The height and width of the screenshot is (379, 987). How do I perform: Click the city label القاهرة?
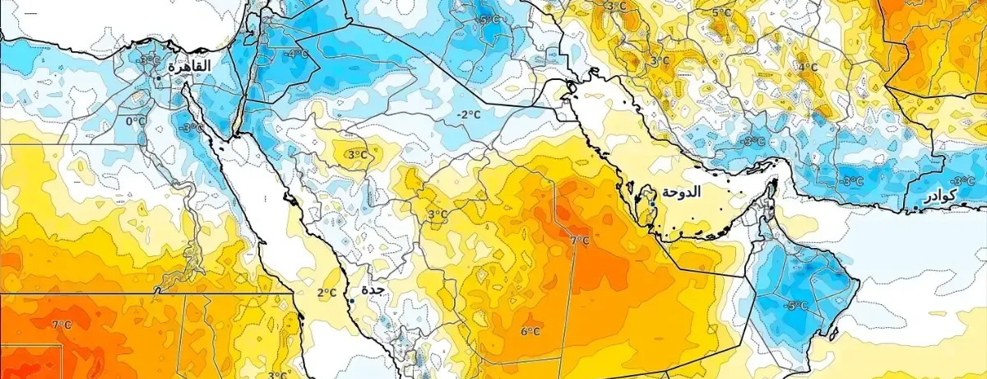point(190,66)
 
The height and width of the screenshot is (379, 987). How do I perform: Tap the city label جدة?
point(373,290)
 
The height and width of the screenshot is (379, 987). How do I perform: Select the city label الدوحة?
point(681,192)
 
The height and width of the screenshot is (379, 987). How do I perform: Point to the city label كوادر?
point(939,196)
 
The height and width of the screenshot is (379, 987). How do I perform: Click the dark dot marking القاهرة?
point(159,77)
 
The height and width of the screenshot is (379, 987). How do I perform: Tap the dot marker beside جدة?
point(351,301)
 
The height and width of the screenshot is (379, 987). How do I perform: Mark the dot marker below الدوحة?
point(652,203)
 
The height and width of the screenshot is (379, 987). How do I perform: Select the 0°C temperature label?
point(136,121)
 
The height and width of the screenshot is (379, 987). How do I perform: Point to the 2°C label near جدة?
point(327,292)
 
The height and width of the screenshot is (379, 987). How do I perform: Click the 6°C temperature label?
point(530,331)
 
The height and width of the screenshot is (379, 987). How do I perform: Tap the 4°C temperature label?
point(807,67)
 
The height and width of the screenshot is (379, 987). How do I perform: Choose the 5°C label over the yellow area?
point(721,12)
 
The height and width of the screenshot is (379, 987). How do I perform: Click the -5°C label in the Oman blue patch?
point(795,305)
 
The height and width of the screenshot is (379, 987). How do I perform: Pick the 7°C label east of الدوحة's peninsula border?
point(580,241)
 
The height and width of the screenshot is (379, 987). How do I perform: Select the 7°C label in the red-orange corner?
point(62,325)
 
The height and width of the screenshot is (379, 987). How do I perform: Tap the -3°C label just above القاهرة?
point(150,59)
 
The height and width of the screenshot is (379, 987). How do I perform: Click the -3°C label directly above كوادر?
point(962,180)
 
